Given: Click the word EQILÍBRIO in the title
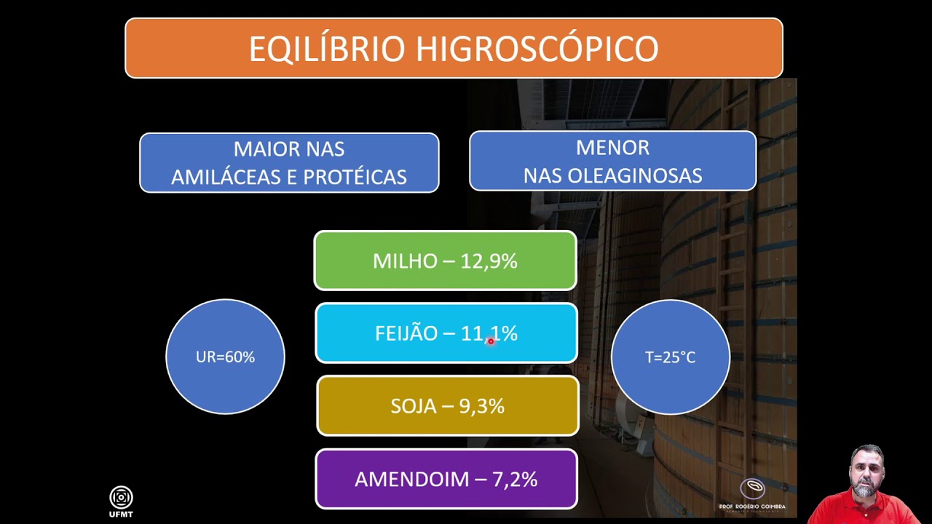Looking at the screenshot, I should click(327, 49).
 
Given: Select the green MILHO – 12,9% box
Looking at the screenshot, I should click(445, 261).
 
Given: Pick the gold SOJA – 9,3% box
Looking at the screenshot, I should click(447, 406).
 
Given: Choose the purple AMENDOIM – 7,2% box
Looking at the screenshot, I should click(446, 479).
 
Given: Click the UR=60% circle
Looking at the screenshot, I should click(225, 357).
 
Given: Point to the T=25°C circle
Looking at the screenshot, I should click(670, 357).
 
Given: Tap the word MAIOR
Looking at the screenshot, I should click(259, 149).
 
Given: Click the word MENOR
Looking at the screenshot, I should click(612, 148).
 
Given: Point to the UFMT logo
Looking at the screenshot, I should click(121, 499).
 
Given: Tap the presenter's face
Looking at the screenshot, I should click(866, 472).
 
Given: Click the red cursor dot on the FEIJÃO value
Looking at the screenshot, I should click(491, 341).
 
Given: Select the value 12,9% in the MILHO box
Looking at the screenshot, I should click(489, 261).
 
